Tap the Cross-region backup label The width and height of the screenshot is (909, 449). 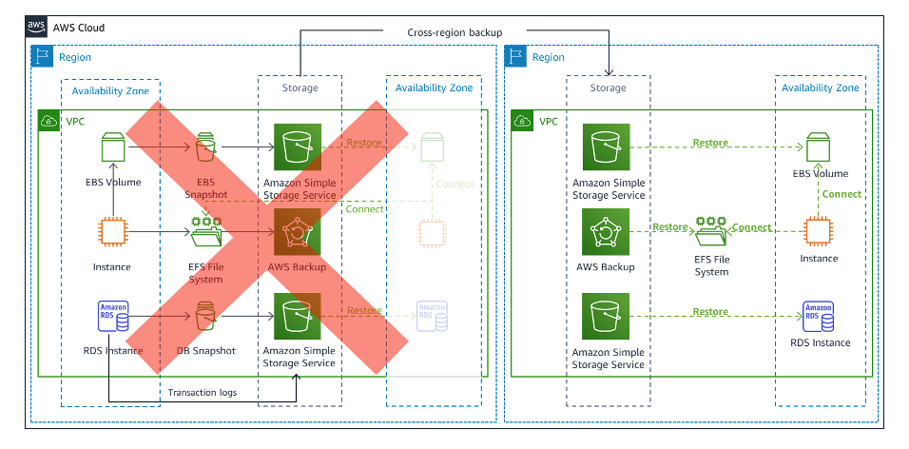pos(454,32)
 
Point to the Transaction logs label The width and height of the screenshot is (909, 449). pos(202,392)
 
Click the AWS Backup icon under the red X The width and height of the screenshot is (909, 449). pos(298,232)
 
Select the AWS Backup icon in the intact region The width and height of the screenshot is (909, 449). pos(606,232)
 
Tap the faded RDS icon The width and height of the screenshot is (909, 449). pos(432,316)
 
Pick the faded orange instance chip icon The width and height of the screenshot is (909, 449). pos(433,232)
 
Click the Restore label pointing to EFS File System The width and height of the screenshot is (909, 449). pos(670,227)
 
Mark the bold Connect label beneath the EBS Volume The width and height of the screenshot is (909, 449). pos(841,194)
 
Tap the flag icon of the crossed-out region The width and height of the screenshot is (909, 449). pos(43,57)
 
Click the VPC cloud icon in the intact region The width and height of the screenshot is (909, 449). pos(523,122)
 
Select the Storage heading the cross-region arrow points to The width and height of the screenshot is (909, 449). pos(609,88)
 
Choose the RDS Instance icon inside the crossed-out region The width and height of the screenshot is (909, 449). pos(113,317)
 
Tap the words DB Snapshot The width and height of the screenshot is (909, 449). pos(206,351)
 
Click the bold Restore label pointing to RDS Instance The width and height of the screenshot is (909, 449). pos(710,312)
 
